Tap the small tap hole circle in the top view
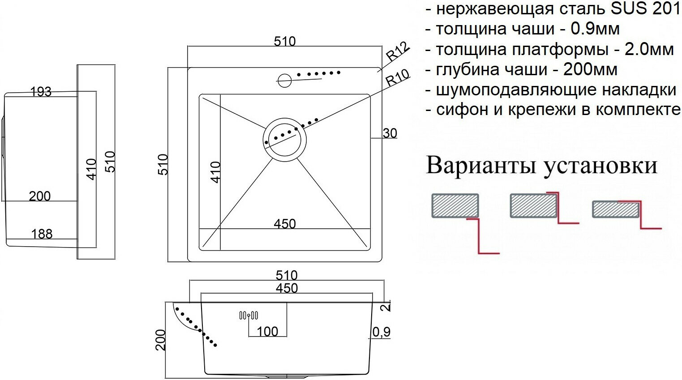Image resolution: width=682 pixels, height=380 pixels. point(284,81)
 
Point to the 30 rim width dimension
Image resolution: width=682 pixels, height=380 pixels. point(390,133)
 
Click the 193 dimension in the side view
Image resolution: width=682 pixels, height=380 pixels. point(41,92)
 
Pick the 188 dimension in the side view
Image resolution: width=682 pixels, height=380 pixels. point(42,234)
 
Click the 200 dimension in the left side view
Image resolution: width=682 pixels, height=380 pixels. point(40,196)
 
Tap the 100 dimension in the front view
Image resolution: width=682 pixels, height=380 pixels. point(267,332)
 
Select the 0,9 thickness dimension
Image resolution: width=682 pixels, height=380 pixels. point(381,332)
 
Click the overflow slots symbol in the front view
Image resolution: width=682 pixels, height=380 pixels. point(248,316)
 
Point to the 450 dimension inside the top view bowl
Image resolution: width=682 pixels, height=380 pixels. point(285,223)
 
